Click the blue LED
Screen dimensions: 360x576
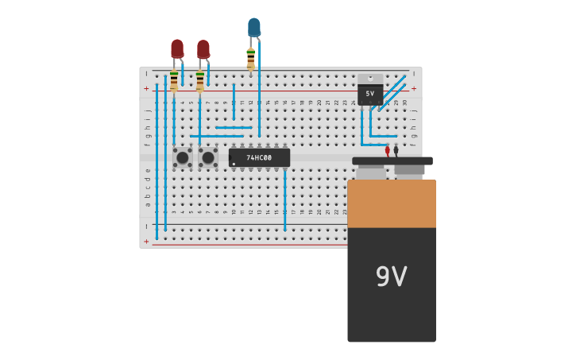(253, 28)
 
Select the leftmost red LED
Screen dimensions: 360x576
(177, 49)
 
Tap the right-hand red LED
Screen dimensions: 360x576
(203, 49)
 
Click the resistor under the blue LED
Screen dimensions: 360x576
(251, 60)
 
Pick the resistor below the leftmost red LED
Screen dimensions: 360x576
(174, 80)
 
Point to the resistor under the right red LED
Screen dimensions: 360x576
(199, 81)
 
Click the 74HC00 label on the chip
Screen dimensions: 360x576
(259, 158)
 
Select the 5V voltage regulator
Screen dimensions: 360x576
(370, 91)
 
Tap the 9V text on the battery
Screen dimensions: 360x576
(391, 277)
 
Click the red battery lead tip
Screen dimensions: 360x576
(388, 150)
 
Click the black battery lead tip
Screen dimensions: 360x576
(396, 149)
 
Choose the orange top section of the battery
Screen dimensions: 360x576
(392, 203)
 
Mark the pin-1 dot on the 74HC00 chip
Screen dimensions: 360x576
(234, 164)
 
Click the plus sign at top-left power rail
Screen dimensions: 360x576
(146, 89)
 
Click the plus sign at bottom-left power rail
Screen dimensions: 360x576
(146, 241)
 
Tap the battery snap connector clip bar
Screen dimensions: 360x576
(392, 161)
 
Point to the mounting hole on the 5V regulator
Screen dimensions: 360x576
(370, 78)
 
